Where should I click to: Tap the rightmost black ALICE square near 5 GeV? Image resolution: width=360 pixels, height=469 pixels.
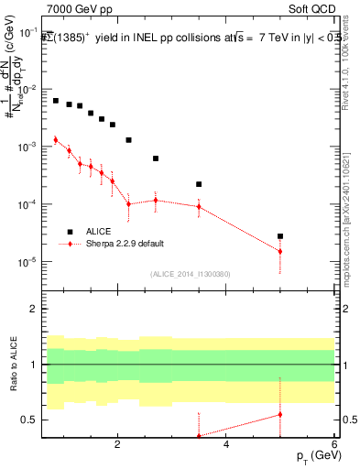[x=280, y=236]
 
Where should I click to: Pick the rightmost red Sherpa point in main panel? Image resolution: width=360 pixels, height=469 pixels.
[x=280, y=251]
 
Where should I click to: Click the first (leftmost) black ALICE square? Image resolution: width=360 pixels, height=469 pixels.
[x=56, y=101]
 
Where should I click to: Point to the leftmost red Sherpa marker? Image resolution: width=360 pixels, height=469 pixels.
[x=56, y=140]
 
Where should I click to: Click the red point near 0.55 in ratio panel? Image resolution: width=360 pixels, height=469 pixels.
[x=280, y=414]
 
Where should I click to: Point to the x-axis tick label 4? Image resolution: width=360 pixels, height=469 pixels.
[x=226, y=444]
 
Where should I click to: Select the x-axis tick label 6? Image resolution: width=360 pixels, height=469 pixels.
[x=334, y=444]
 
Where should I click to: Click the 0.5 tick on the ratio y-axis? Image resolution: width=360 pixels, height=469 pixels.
[x=28, y=420]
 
